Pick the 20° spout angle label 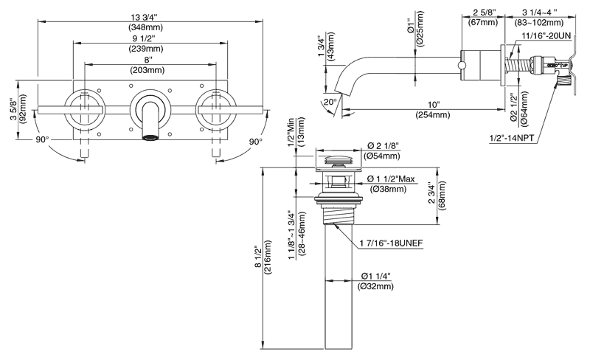coord(330,101)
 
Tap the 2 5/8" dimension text coord(484,12)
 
